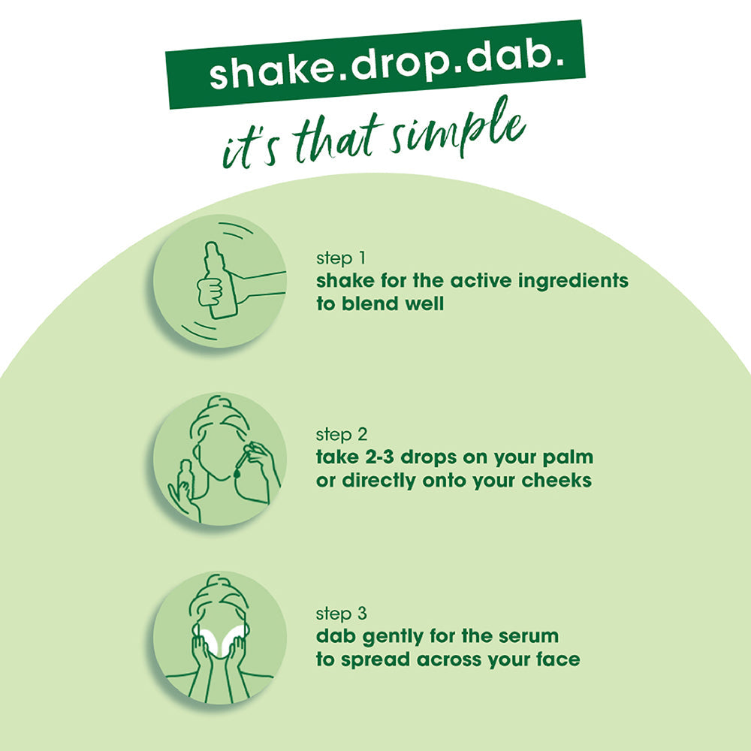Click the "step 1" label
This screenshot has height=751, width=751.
click(x=341, y=258)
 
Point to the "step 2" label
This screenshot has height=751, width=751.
click(x=342, y=434)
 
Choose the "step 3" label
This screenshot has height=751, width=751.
click(x=342, y=614)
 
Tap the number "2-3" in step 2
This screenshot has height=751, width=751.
click(x=380, y=457)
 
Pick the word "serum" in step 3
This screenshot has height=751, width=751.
click(x=529, y=637)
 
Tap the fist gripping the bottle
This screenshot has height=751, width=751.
click(x=210, y=290)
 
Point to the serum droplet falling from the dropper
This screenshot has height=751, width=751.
click(x=236, y=472)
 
